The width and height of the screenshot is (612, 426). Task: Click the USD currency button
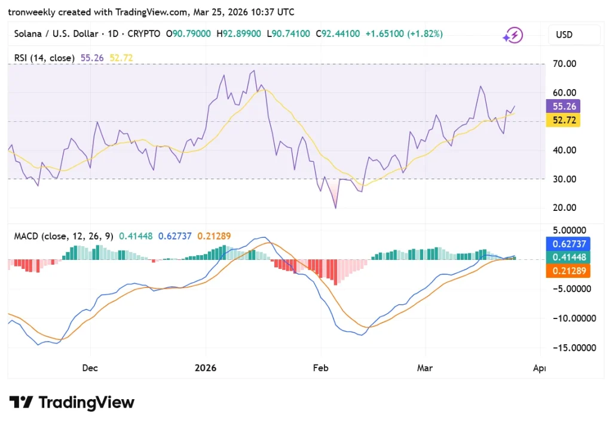click(x=574, y=35)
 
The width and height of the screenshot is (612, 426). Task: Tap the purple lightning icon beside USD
click(x=513, y=35)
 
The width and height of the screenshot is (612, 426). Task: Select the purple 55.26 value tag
click(x=563, y=106)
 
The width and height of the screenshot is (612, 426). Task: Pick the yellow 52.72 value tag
click(x=563, y=121)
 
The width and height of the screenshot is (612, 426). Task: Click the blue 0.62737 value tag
click(x=568, y=244)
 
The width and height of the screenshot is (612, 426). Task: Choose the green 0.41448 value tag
click(x=568, y=257)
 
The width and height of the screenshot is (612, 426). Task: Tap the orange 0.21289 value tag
click(x=568, y=271)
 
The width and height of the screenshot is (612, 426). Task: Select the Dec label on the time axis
click(x=90, y=368)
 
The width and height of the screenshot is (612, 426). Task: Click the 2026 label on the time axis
click(x=206, y=368)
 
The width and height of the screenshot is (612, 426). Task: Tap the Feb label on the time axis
click(x=321, y=368)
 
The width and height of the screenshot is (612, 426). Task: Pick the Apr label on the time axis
click(x=538, y=368)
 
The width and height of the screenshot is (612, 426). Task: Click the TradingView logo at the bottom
click(x=72, y=403)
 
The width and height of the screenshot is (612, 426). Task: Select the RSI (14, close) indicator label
click(x=44, y=58)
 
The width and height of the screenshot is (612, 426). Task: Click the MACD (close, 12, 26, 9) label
click(x=63, y=236)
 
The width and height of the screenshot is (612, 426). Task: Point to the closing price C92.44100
click(x=338, y=34)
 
